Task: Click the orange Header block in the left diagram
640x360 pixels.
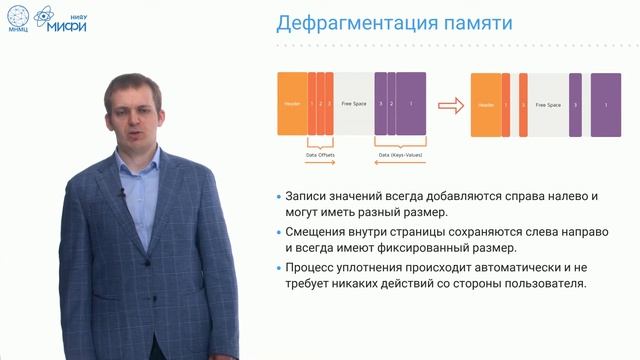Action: (292, 104)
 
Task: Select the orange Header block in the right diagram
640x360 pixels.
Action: (487, 104)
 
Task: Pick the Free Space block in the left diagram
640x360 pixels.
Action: (353, 104)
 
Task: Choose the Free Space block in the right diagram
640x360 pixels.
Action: (545, 104)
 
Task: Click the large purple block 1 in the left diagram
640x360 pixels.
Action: (412, 104)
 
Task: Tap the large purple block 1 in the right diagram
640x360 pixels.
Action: (604, 104)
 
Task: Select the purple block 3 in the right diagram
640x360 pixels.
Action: (575, 104)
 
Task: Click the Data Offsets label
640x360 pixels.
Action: (319, 154)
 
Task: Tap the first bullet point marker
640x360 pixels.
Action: (278, 197)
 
